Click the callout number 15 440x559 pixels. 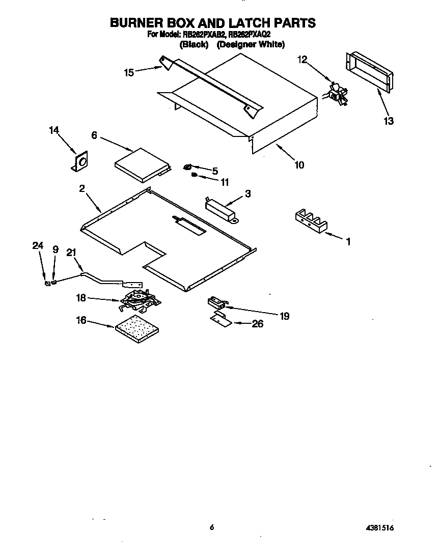tap(129, 73)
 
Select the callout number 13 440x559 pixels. tap(389, 121)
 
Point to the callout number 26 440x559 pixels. tap(258, 324)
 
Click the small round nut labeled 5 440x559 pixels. tap(188, 167)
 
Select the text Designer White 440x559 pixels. tap(251, 45)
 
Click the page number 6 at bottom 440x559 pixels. tap(211, 528)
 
